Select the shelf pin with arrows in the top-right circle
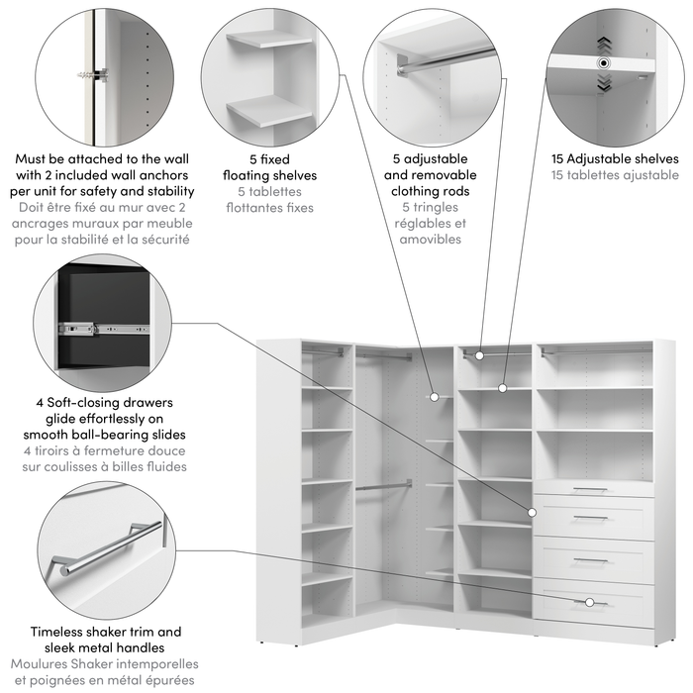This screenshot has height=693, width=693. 601,62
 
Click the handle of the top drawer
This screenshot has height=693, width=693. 589,489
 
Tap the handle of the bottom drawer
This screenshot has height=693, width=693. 589,602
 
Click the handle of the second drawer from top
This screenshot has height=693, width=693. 589,517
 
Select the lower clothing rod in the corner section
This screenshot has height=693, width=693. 384,485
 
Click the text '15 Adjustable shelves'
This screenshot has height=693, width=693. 614,158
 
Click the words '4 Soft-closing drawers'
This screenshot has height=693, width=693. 104,403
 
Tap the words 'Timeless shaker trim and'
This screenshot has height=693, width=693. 106,632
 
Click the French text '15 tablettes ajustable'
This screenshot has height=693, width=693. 614,174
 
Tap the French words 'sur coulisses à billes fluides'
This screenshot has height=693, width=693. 104,466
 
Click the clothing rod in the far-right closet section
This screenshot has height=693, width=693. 596,350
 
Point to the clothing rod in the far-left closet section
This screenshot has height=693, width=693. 324,350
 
